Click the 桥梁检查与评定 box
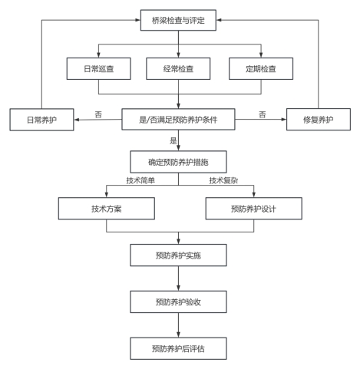pos(178,20)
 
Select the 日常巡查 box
pos(99,68)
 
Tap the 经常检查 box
pos(178,68)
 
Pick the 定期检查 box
pos(261,68)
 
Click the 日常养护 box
pos(41,120)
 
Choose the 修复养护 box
pos(319,120)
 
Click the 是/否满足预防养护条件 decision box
pos(178,120)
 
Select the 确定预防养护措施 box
pos(178,162)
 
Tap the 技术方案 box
pos(107,209)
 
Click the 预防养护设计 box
pos(254,209)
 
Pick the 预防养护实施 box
pos(178,255)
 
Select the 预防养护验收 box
pos(178,301)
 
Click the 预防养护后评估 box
pos(178,348)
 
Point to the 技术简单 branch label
pos(140,180)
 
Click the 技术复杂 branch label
pos(223,180)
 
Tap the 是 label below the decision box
pos(173,140)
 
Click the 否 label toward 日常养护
pos(98,114)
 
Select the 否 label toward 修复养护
pos(263,114)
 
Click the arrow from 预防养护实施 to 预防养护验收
pos(178,278)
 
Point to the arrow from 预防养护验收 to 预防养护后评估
pos(178,325)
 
